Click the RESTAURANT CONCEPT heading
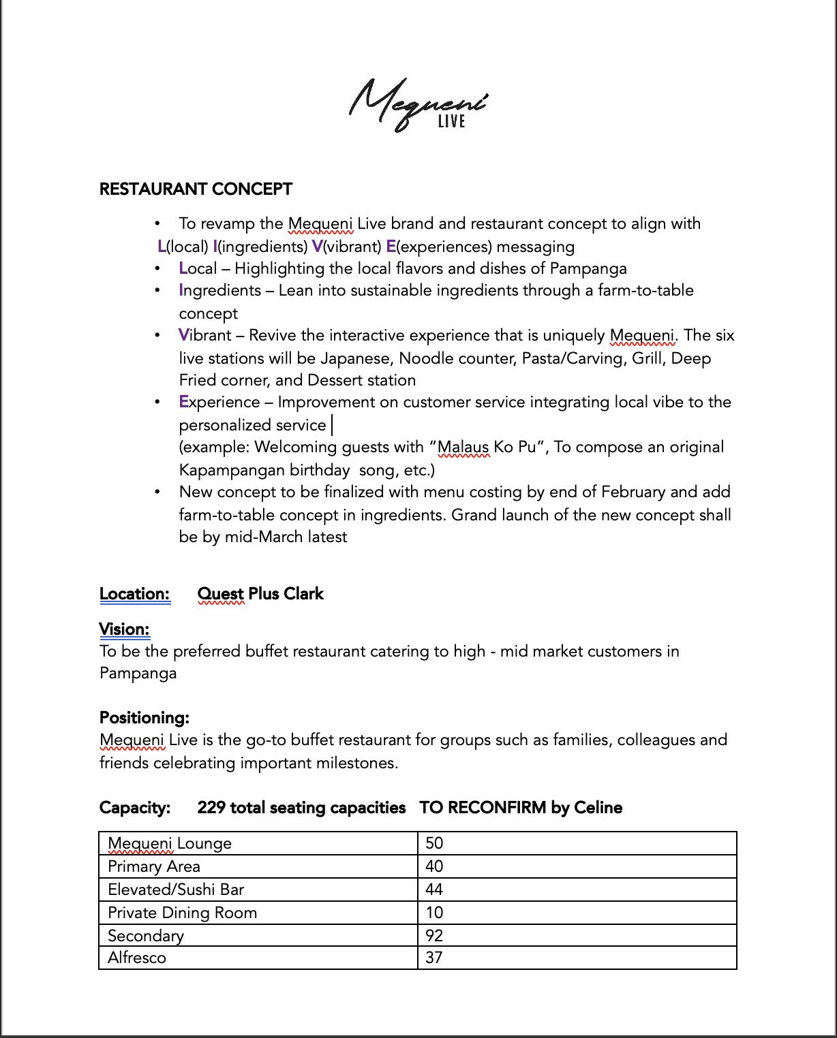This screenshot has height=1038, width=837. coord(196,189)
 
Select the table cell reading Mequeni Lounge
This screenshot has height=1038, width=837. coord(170,843)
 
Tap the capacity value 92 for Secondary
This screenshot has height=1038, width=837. coord(434,935)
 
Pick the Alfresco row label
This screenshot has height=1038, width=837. coord(137,958)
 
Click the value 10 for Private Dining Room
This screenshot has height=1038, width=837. coord(434,913)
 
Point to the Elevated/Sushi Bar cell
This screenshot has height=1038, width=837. coord(176,890)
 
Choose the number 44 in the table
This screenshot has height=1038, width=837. coord(434,890)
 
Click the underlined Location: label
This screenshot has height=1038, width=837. coord(134,594)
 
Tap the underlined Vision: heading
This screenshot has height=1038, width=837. coord(124,629)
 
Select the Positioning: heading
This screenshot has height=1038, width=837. coord(144,718)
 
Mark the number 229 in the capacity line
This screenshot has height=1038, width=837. coord(211,808)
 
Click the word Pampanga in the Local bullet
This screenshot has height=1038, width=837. coord(588,268)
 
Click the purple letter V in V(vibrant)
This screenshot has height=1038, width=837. coord(317,247)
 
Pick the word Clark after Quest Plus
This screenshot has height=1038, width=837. coord(303,594)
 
